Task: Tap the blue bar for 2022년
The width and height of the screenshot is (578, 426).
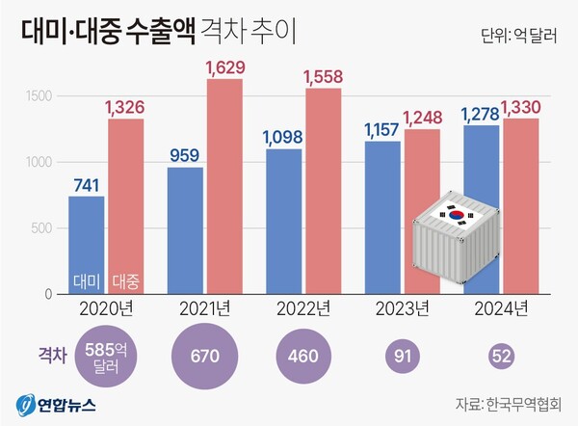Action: [x=282, y=221]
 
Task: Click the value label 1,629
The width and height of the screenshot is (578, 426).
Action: [x=223, y=67]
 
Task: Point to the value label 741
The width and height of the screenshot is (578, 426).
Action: [x=88, y=184]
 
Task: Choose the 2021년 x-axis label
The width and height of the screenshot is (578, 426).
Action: [x=203, y=309]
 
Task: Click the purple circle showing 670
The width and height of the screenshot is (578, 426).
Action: [x=203, y=356]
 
